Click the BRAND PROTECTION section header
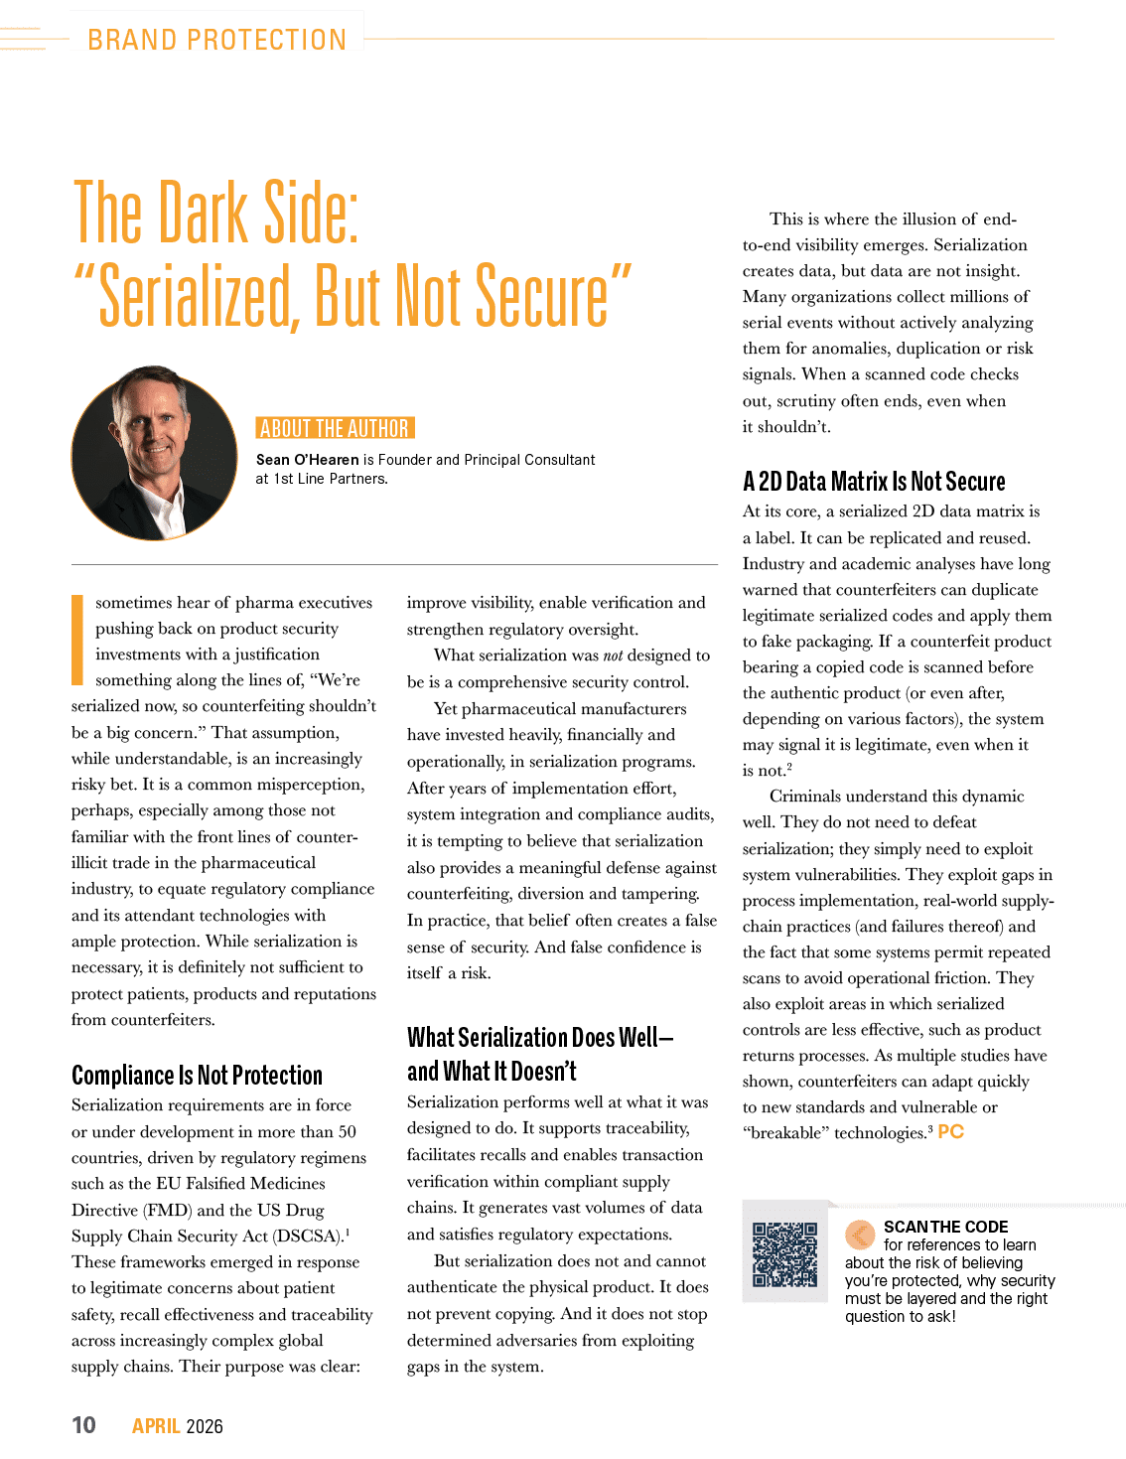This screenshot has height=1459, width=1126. point(216,40)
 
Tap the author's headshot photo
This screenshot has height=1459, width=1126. point(154,453)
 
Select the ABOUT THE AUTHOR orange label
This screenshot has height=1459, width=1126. point(335,428)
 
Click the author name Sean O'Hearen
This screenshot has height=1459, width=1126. point(308,460)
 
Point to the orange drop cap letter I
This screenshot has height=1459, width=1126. point(77,640)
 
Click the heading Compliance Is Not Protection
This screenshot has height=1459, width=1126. point(197,1075)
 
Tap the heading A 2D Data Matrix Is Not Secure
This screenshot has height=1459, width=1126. point(874,482)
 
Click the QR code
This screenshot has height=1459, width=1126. point(784,1254)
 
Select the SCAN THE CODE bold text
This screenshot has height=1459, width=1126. point(945,1227)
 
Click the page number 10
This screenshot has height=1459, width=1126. point(83,1425)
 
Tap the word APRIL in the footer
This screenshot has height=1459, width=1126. point(156,1425)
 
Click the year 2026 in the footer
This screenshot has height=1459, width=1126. point(204,1426)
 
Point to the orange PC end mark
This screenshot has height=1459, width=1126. point(950,1132)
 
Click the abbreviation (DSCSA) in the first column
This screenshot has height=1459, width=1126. point(307,1237)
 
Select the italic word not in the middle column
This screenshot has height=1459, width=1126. point(613,656)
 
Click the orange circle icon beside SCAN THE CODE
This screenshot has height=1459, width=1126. point(860,1235)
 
